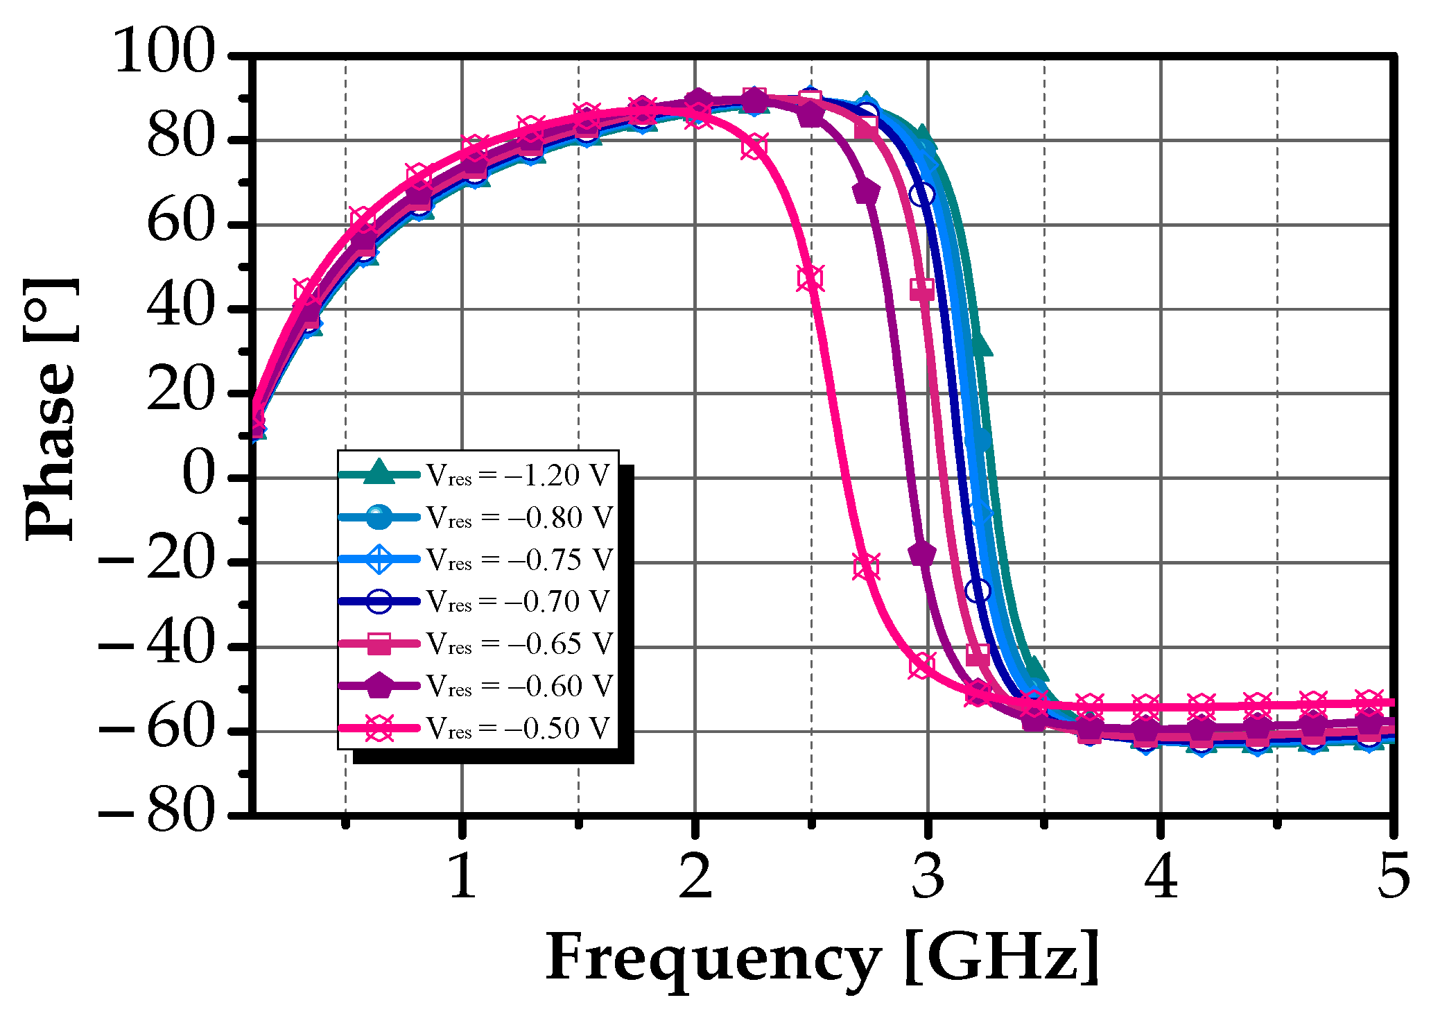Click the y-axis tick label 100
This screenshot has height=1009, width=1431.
coord(164,53)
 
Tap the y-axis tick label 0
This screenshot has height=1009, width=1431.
coord(198,478)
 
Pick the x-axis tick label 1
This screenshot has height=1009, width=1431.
coord(462,876)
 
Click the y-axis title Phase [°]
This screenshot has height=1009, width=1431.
coord(50,409)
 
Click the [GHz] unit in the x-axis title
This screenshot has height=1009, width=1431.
coord(1003,957)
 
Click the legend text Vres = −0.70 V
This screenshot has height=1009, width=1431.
coord(517,602)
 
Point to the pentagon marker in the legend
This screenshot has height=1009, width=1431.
coord(379,686)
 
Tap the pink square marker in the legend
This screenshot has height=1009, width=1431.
coord(379,644)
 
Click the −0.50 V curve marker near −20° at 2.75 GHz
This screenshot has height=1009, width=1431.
coord(866,567)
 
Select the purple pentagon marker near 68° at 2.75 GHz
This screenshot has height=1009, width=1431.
coord(866,192)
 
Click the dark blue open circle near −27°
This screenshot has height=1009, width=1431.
coord(978,591)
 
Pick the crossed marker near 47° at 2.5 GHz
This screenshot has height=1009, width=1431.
coord(810,279)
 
